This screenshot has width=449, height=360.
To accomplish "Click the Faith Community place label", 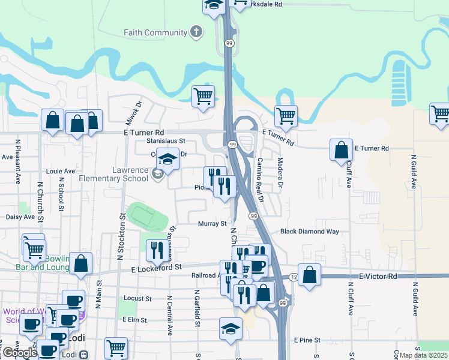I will pyautogui.click(x=155, y=32).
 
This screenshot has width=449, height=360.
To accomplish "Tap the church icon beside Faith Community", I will pyautogui.click(x=196, y=32).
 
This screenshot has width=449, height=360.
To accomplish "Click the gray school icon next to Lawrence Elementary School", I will pyautogui.click(x=157, y=175).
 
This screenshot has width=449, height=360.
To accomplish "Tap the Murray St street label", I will pyautogui.click(x=212, y=223).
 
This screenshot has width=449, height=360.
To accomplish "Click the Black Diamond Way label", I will pyautogui.click(x=310, y=232).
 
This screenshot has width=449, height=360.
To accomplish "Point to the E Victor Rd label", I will pyautogui.click(x=378, y=277).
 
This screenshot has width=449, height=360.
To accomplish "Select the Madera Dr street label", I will pyautogui.click(x=280, y=173).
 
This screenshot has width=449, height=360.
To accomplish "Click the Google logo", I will pyautogui.click(x=20, y=352).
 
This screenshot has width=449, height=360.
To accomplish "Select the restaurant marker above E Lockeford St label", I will pyautogui.click(x=157, y=250).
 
